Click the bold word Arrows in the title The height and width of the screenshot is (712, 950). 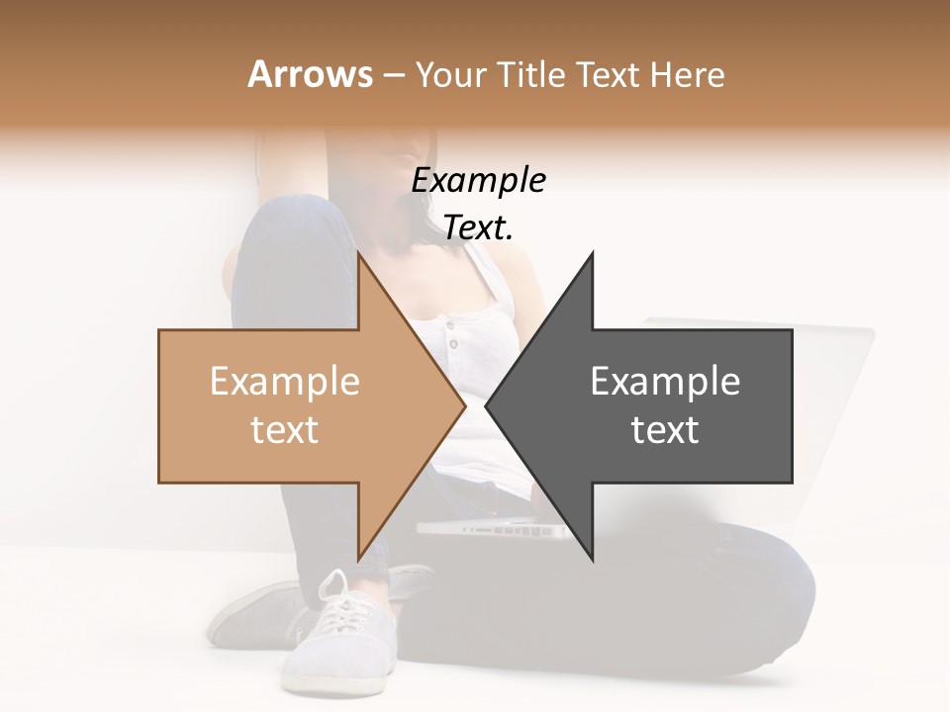click(311, 74)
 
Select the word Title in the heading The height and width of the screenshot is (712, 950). click(531, 75)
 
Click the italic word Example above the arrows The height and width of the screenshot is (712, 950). click(479, 181)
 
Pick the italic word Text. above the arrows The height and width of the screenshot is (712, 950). click(479, 228)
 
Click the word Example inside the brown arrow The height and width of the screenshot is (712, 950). click(285, 382)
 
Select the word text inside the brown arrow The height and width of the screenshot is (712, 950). click(285, 430)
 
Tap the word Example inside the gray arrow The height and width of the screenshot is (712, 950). click(665, 382)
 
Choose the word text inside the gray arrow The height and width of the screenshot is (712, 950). click(665, 430)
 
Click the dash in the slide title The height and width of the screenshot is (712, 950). click(393, 75)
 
